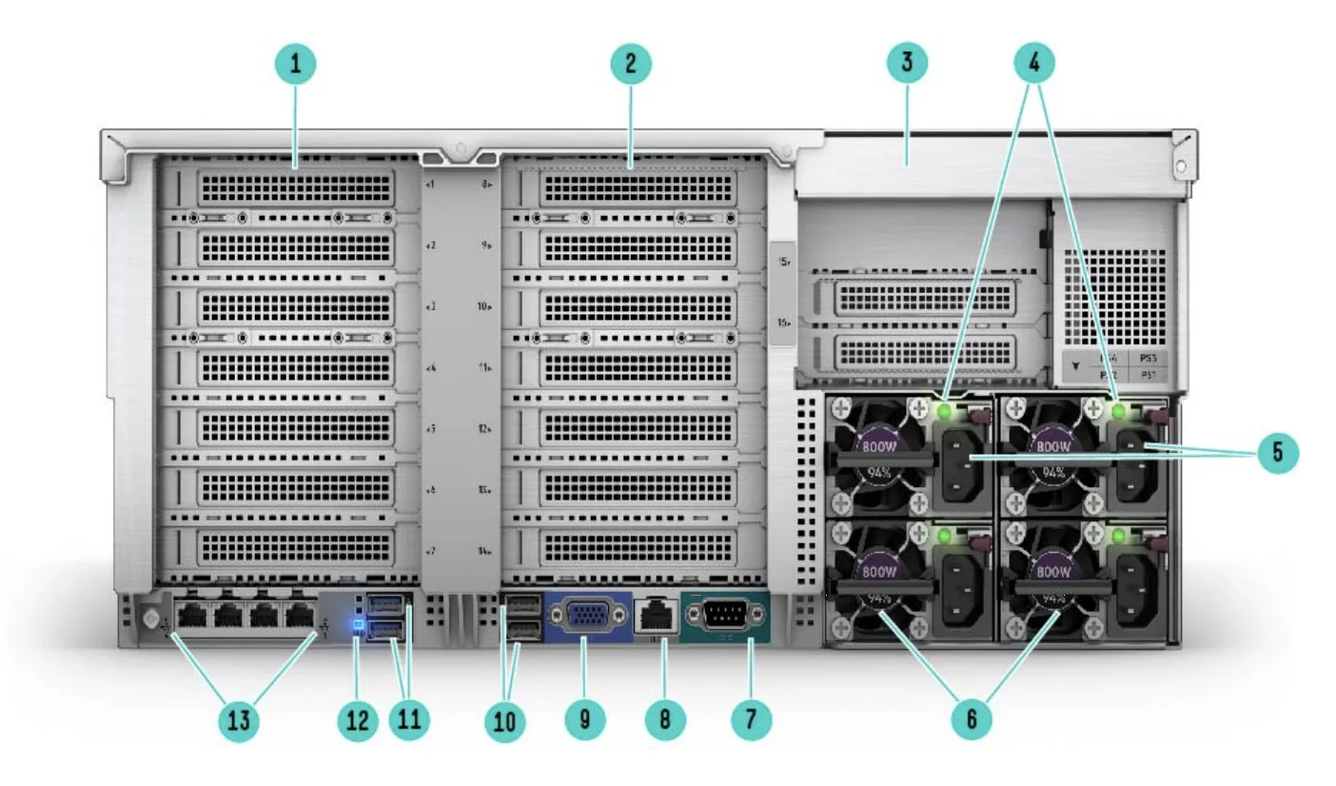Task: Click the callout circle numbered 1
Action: tap(296, 65)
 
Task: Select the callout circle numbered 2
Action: tap(629, 65)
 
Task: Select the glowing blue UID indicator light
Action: tap(358, 626)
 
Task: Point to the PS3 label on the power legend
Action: tap(1149, 360)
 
